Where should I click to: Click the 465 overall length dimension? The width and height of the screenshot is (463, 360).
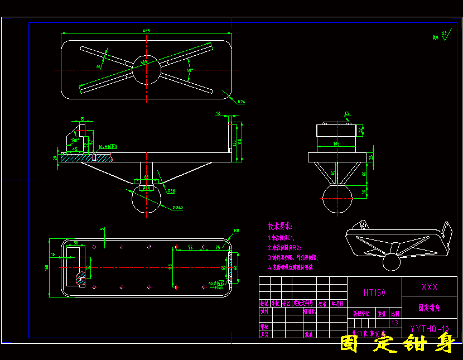[146, 30]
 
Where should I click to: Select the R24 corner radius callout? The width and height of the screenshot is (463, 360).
[242, 102]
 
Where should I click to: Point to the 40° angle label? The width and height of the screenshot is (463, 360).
[190, 71]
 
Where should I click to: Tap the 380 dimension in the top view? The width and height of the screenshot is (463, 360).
[143, 63]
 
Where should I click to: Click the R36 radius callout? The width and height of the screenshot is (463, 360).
[171, 191]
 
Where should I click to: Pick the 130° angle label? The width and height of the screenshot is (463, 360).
[74, 141]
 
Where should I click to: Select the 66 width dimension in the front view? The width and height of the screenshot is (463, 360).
[147, 177]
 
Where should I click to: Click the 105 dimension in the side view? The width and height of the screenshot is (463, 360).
[336, 143]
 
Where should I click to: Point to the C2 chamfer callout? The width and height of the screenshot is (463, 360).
[347, 114]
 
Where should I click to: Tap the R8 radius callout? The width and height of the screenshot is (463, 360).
[237, 230]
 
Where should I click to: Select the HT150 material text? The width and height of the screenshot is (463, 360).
[374, 292]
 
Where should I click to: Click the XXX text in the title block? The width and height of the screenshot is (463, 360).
[429, 287]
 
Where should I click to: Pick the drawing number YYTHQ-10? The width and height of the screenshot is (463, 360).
[429, 328]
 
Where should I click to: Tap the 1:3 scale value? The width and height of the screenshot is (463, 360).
[395, 323]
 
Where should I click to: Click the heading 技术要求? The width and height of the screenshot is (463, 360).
[280, 227]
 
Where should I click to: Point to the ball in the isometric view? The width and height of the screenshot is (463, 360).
[393, 261]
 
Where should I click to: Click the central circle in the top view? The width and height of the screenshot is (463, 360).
[146, 70]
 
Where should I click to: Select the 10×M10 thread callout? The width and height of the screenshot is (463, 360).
[108, 146]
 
